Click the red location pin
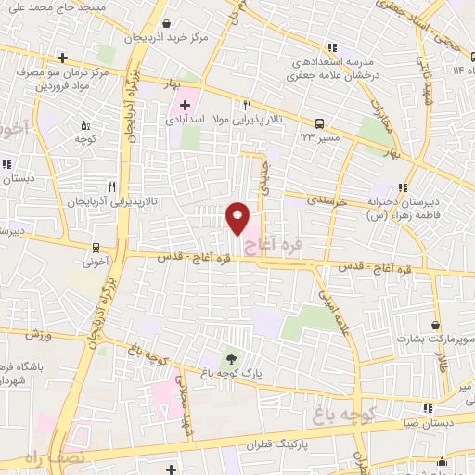[237, 218]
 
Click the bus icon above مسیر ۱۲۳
[320, 122]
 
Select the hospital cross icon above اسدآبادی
[186, 105]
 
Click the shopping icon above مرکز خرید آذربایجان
[165, 24]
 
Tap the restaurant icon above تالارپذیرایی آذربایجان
[111, 186]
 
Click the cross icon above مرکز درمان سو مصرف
[61, 58]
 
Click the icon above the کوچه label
[85, 125]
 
